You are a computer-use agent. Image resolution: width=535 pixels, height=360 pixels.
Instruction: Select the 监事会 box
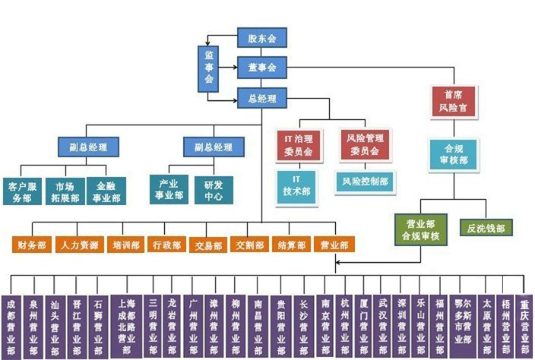pyautogui.click(x=209, y=68)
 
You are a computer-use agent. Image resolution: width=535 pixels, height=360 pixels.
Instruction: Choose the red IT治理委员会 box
pyautogui.click(x=297, y=144)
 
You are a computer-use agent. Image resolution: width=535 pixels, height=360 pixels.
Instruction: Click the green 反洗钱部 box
pyautogui.click(x=486, y=226)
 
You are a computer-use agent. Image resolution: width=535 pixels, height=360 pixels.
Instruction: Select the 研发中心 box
pyautogui.click(x=214, y=190)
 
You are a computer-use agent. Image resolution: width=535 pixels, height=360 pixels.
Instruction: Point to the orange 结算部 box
pyautogui.click(x=290, y=245)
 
